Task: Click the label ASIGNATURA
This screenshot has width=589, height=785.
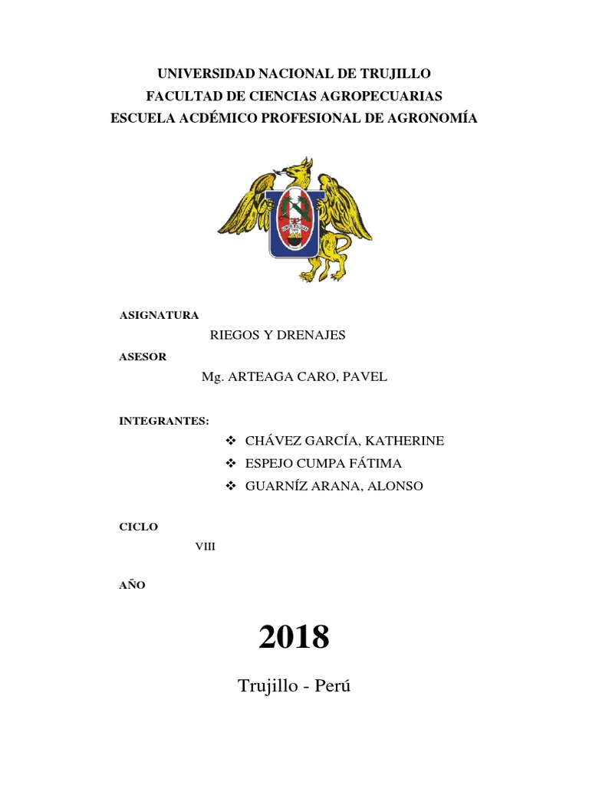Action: click(x=160, y=315)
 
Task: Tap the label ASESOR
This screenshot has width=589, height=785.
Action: click(x=143, y=357)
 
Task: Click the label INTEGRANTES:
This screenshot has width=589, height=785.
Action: click(x=164, y=421)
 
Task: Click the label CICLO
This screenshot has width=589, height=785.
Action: click(x=139, y=527)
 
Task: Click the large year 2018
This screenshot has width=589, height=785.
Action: click(x=294, y=636)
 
